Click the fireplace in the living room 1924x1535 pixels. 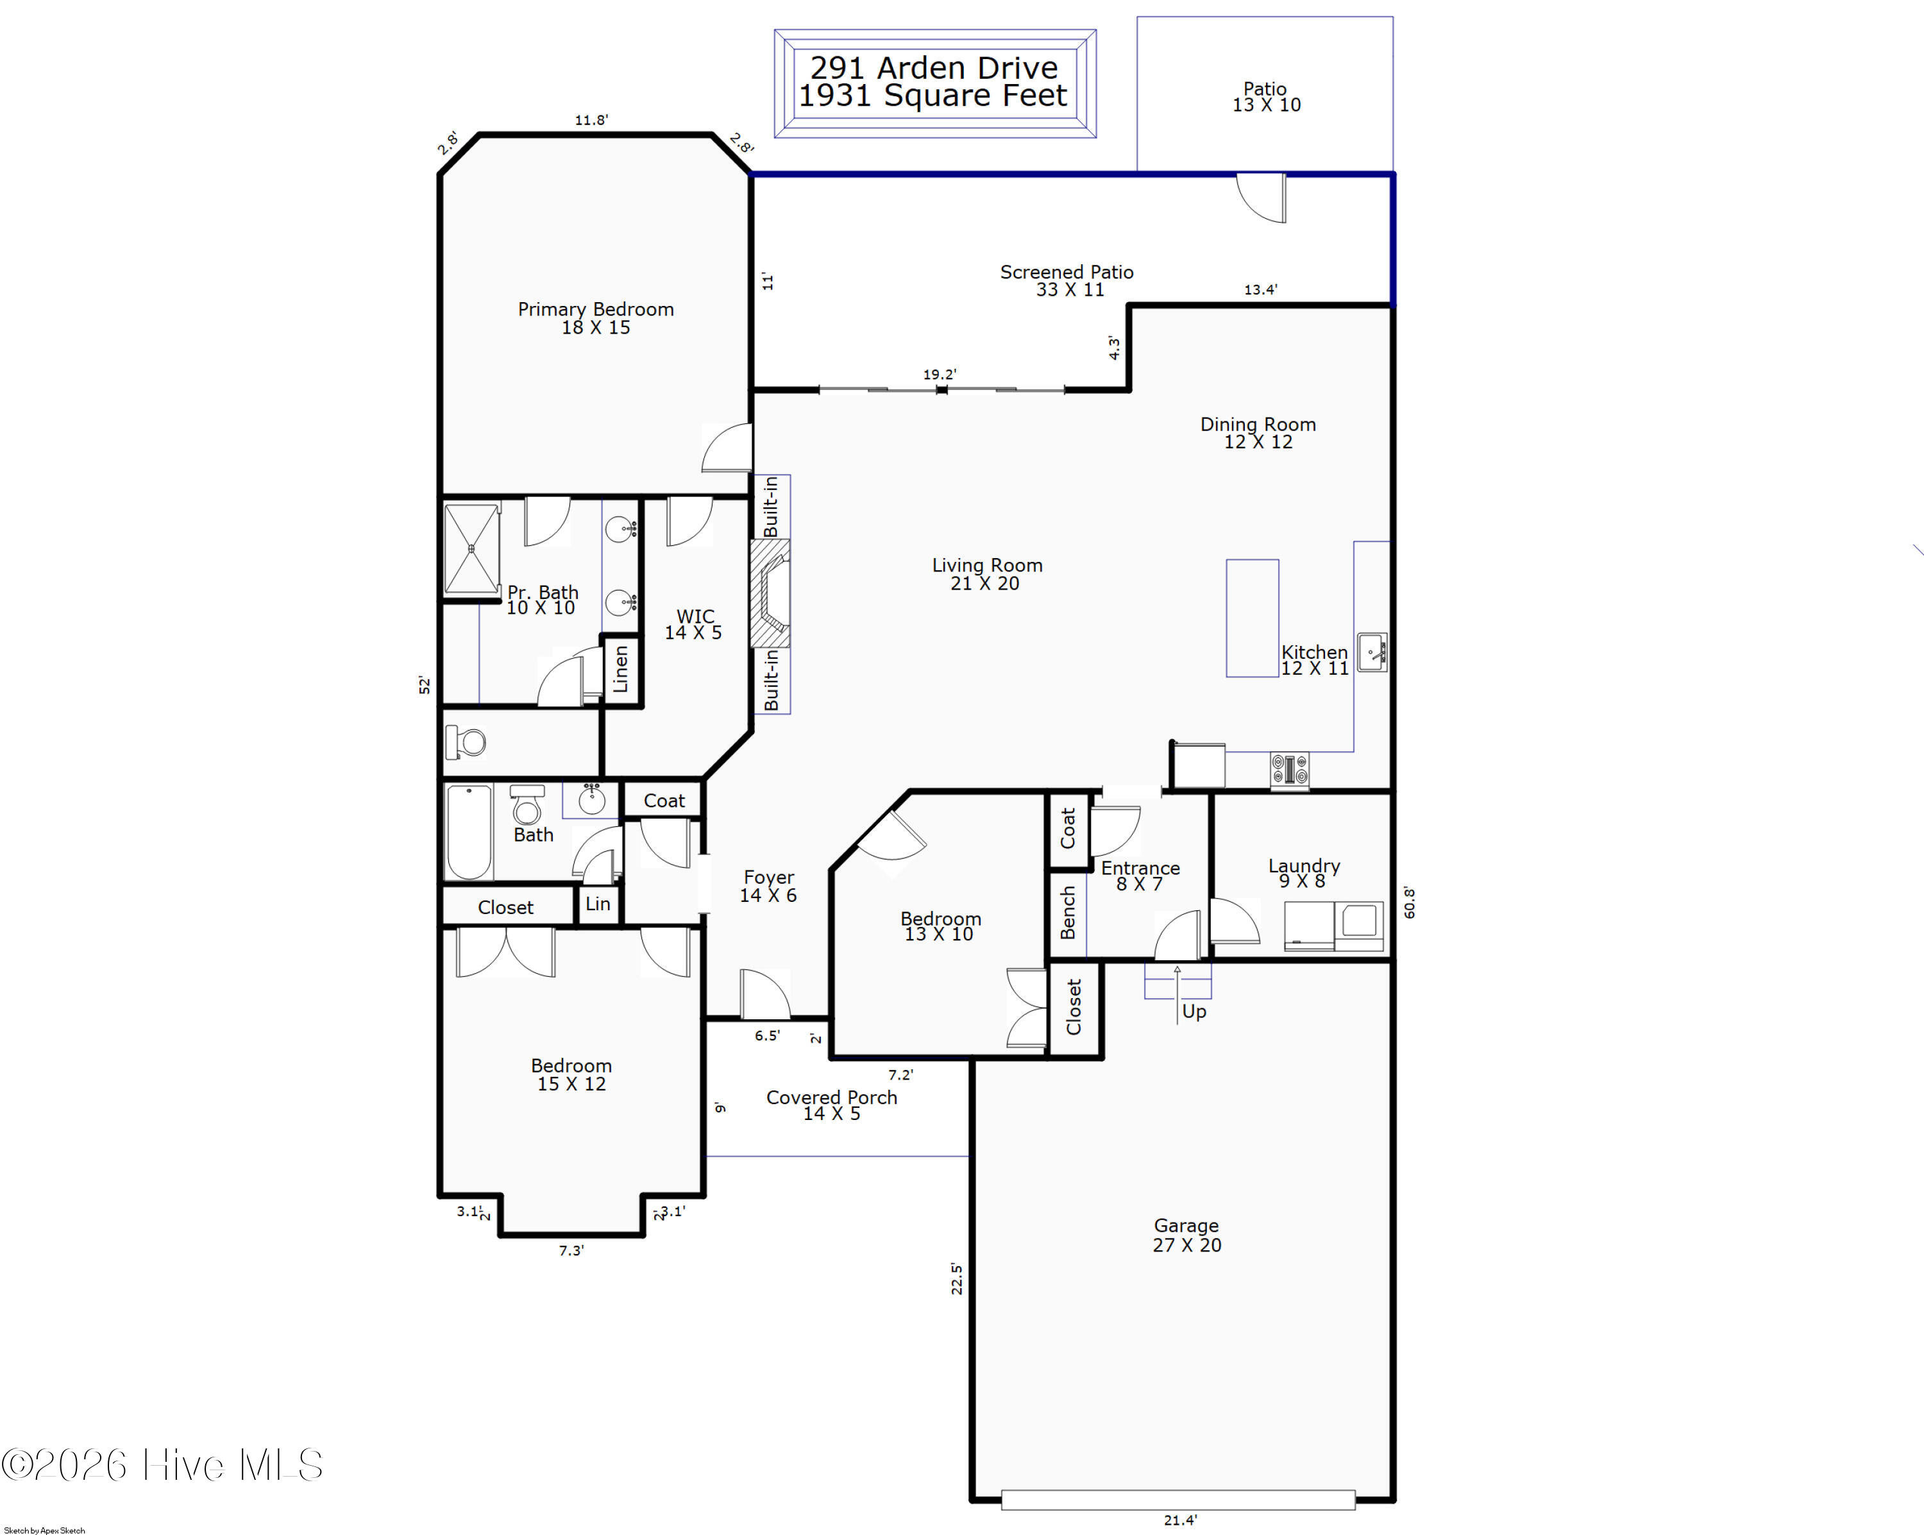coord(769,593)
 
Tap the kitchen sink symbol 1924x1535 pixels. coord(1372,652)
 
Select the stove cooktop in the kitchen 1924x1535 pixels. coord(1290,770)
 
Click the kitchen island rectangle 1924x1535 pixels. coord(1252,618)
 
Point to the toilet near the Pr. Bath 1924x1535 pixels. coord(466,742)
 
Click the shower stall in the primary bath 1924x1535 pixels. coord(471,549)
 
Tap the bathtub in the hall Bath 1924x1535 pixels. coord(469,832)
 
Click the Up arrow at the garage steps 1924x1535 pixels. coord(1177,988)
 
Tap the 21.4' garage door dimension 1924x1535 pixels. coord(1180,1520)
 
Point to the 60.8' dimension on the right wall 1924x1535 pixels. coord(1409,903)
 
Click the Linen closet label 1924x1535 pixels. coord(620,669)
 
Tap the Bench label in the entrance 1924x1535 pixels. coord(1067,912)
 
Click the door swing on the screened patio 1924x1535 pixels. coord(1261,198)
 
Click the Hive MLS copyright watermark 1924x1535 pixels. coord(162,1464)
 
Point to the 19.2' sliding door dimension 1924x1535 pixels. coord(940,375)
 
